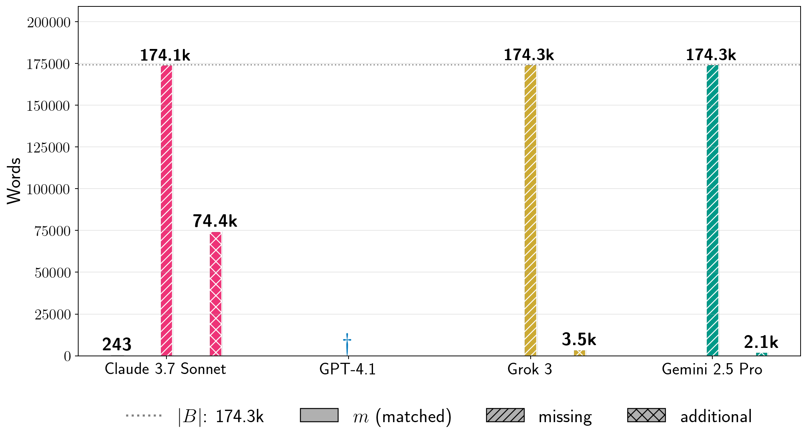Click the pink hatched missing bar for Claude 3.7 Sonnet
(166, 210)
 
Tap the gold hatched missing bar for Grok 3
(530, 210)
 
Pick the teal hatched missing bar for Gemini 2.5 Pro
(712, 210)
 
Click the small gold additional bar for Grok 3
(579, 353)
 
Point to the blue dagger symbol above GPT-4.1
(347, 343)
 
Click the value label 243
(117, 344)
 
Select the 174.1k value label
(165, 55)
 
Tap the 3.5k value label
(579, 340)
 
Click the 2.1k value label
(761, 342)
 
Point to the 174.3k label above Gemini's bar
(711, 55)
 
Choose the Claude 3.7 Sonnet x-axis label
(165, 369)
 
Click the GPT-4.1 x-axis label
(347, 369)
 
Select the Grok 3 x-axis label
(529, 369)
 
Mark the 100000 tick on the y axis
(48, 189)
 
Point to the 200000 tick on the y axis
(48, 22)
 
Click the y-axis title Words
(14, 181)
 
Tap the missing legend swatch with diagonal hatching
(505, 415)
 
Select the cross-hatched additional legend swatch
(646, 415)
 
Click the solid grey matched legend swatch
(319, 415)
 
